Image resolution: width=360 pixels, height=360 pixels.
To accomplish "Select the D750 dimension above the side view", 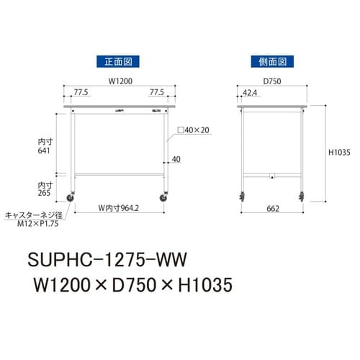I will pyautogui.click(x=271, y=81).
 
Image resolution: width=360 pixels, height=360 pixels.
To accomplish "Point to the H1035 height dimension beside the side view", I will pyautogui.click(x=339, y=153).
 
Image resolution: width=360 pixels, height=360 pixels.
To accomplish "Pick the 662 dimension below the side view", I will pyautogui.click(x=272, y=209).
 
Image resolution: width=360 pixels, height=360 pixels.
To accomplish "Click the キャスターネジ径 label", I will pyautogui.click(x=36, y=214).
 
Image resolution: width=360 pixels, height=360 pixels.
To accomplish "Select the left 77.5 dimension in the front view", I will pyautogui.click(x=81, y=93).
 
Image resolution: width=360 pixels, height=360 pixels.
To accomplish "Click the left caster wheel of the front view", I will pyautogui.click(x=73, y=196).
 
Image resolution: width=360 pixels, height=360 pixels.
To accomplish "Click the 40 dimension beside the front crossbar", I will pyautogui.click(x=177, y=160).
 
